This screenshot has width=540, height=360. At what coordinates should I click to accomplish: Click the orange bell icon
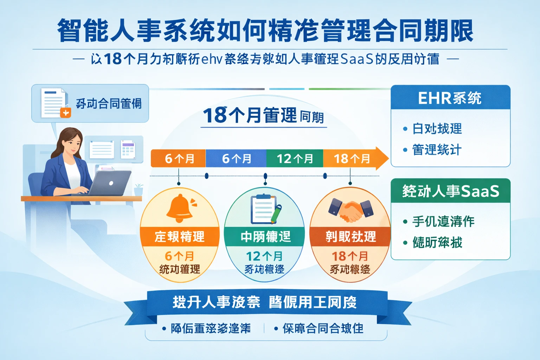[180, 207]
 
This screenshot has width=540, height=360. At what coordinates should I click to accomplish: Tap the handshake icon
[351, 210]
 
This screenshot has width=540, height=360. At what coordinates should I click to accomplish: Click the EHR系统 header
[450, 98]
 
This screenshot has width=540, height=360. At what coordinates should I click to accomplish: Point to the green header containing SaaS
[450, 191]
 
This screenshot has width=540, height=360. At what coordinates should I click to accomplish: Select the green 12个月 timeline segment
[295, 159]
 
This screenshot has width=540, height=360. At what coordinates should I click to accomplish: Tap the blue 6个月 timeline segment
[236, 159]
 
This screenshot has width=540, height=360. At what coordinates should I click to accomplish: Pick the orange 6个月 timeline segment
[179, 159]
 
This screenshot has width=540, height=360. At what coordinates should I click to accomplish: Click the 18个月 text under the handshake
[350, 256]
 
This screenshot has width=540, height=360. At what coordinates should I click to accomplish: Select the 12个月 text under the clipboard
[264, 256]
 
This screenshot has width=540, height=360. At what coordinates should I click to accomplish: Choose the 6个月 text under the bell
[179, 256]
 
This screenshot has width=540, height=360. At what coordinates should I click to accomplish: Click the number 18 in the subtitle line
[113, 59]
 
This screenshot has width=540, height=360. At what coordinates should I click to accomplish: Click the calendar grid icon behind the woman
[128, 149]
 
